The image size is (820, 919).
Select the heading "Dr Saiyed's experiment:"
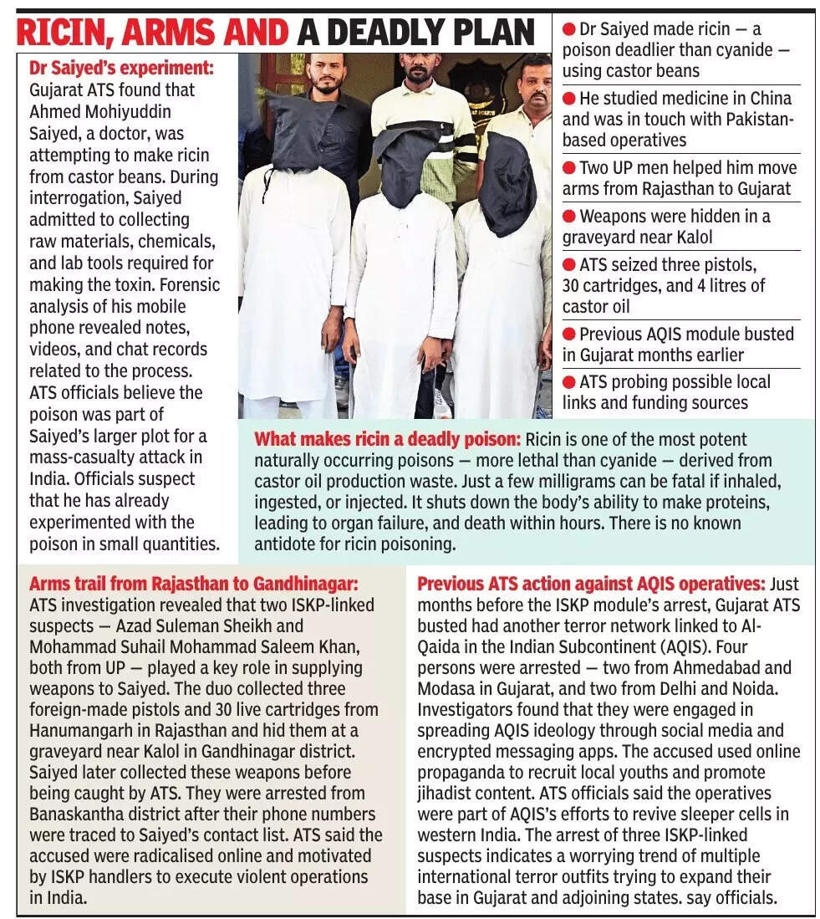pos(122,69)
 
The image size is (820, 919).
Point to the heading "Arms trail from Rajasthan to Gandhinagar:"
pos(193,583)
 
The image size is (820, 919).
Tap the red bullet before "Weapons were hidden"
pos(569,217)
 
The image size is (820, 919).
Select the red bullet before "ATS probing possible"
pos(569,382)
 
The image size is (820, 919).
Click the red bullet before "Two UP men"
pos(569,168)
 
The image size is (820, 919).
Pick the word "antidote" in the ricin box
pos(288,544)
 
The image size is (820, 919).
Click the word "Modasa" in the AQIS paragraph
pos(443,689)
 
